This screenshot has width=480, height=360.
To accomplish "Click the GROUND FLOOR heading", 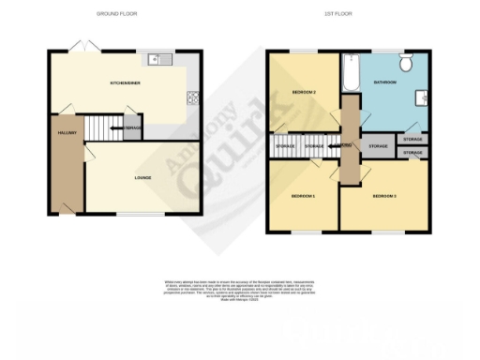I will point(119,14).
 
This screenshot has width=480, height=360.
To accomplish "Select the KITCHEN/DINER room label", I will point(125,83).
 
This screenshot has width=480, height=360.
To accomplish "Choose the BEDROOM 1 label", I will point(302,196).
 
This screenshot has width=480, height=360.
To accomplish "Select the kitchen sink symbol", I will point(160,61).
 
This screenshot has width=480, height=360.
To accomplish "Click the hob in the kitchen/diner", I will point(194,96).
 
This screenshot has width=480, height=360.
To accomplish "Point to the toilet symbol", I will point(406,62).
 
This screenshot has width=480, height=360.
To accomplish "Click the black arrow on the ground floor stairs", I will point(115,127).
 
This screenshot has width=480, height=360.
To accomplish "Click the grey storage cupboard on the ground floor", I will point(133,128).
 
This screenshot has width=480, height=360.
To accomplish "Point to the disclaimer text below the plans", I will point(240,286).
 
